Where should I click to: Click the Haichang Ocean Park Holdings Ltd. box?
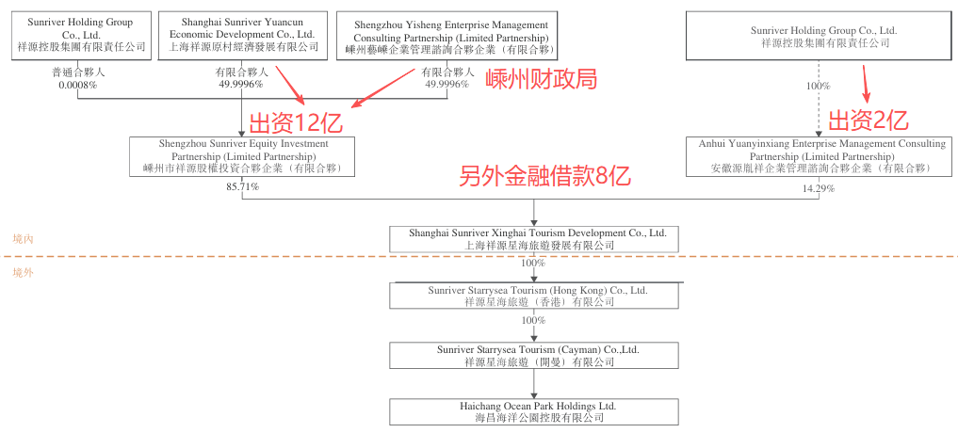pyautogui.click(x=532, y=411)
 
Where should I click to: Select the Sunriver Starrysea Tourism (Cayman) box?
pyautogui.click(x=532, y=355)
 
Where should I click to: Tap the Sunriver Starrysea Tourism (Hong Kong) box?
pyautogui.click(x=532, y=296)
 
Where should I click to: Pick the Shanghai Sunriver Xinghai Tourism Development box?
pyautogui.click(x=533, y=238)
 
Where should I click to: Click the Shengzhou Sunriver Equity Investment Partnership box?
pyautogui.click(x=243, y=156)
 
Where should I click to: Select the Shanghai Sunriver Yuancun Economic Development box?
pyautogui.click(x=235, y=33)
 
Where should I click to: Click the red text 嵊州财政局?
pyautogui.click(x=542, y=79)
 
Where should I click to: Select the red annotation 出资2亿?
pyautogui.click(x=868, y=120)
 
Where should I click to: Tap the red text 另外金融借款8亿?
pyautogui.click(x=544, y=176)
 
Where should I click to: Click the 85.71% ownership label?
pyautogui.click(x=242, y=186)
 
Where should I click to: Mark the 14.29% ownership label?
pyautogui.click(x=819, y=187)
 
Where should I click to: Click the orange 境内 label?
pyautogui.click(x=23, y=240)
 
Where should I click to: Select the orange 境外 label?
pyautogui.click(x=23, y=272)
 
